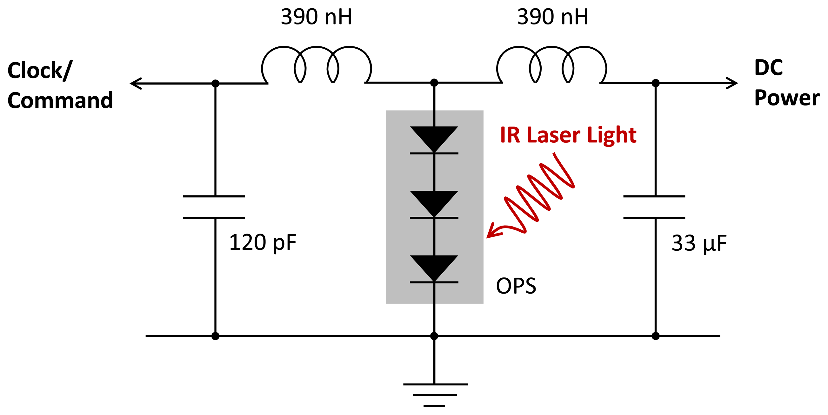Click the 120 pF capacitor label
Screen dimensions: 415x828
pos(262,243)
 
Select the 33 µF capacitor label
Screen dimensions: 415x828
pos(699,243)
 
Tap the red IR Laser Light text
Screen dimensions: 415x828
pos(568,135)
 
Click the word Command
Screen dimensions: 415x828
pos(60,100)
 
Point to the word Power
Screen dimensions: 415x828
pos(786,98)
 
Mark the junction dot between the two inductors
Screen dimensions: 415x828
pos(434,83)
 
